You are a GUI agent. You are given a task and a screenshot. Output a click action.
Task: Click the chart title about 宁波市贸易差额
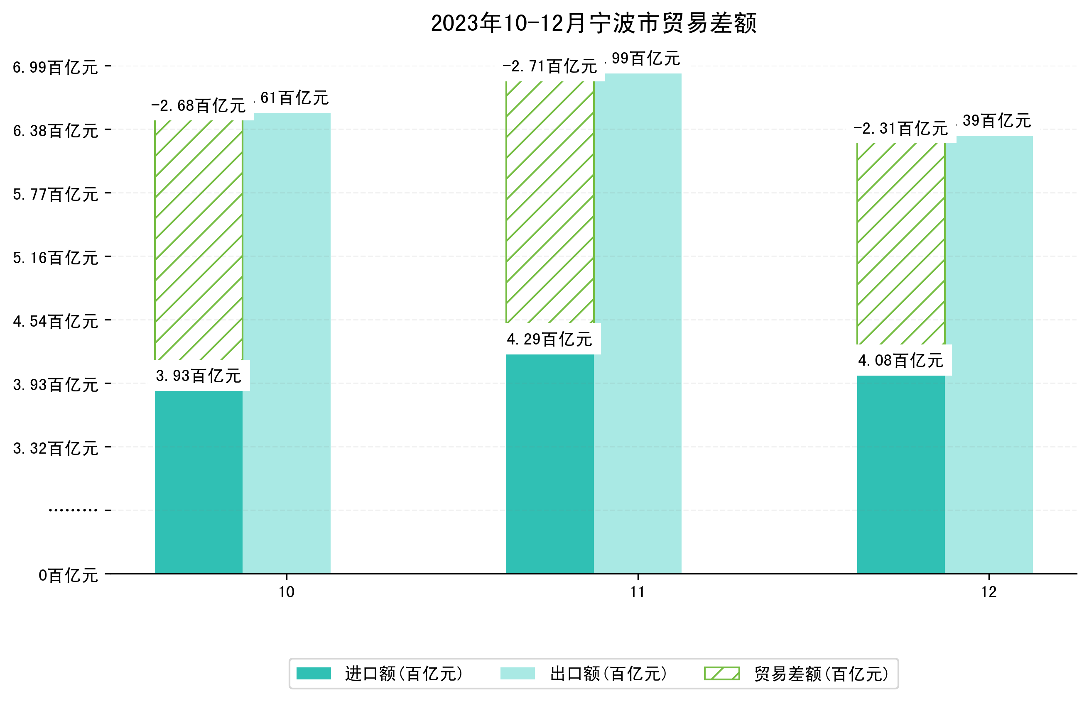pyautogui.click(x=593, y=23)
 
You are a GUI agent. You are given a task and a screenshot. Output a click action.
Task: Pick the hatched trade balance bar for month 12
pyautogui.click(x=900, y=244)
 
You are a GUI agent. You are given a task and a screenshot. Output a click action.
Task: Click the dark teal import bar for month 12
pyautogui.click(x=900, y=474)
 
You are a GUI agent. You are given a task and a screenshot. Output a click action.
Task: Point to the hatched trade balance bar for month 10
pyautogui.click(x=198, y=240)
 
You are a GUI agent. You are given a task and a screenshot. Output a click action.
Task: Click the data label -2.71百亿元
pyautogui.click(x=549, y=67)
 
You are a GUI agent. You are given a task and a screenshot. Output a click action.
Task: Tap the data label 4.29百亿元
pyautogui.click(x=549, y=340)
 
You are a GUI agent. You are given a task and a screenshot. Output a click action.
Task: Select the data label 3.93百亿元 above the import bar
pyautogui.click(x=198, y=376)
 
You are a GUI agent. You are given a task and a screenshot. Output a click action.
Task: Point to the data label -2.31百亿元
pyautogui.click(x=900, y=129)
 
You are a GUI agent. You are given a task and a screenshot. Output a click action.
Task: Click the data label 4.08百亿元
pyautogui.click(x=900, y=361)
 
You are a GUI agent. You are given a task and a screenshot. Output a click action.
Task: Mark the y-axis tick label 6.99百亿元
pyautogui.click(x=55, y=67)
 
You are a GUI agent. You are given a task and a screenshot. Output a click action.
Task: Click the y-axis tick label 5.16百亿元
pyautogui.click(x=55, y=258)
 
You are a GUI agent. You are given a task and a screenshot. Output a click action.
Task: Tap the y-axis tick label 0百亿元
pyautogui.click(x=68, y=575)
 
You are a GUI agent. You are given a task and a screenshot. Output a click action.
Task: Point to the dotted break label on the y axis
pyautogui.click(x=72, y=510)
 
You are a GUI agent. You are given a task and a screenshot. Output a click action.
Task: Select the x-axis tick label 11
pyautogui.click(x=637, y=592)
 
